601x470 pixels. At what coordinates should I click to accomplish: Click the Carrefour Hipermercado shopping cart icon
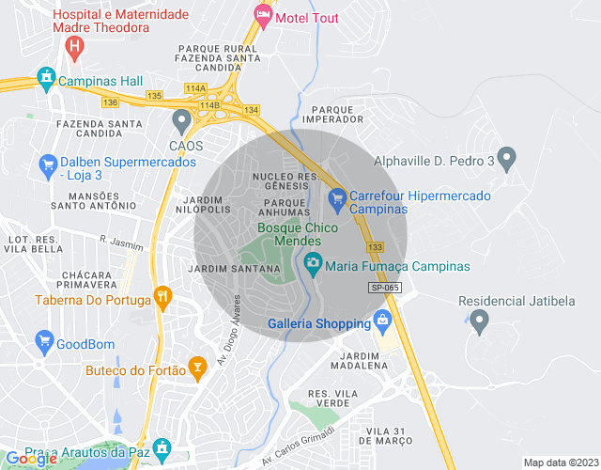point(337,198)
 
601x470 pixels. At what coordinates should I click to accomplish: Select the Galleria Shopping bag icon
point(382,324)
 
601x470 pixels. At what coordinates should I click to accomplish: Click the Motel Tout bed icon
point(263,16)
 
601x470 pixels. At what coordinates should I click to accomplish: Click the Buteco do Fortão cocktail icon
point(197,368)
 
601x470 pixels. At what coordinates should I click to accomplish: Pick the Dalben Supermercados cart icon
point(47,166)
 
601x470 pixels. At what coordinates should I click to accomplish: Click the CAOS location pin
point(181,121)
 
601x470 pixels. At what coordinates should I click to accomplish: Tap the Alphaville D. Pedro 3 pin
point(506,160)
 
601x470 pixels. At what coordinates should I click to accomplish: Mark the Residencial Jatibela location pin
point(479,322)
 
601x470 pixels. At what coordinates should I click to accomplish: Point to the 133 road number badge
point(376,246)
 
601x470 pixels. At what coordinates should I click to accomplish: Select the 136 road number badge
point(111,102)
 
